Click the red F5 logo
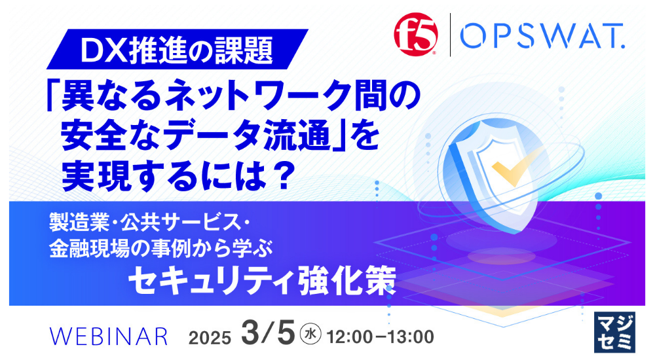point(416,34)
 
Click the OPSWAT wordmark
point(542,36)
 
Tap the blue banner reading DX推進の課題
point(177,49)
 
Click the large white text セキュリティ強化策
point(263,280)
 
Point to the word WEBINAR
point(109,336)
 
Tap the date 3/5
point(268,334)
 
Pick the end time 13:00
point(411,336)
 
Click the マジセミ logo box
point(614,332)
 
